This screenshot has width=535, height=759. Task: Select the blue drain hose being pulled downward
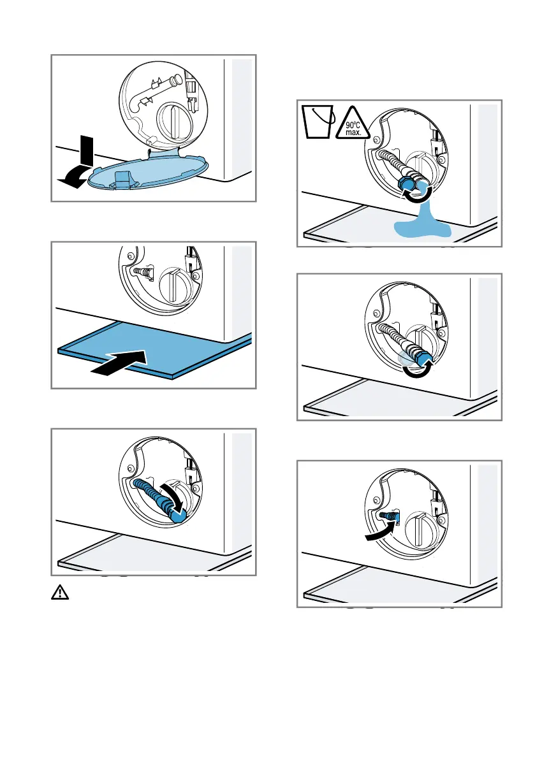[157, 494]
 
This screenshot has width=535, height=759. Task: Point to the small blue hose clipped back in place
[388, 515]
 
